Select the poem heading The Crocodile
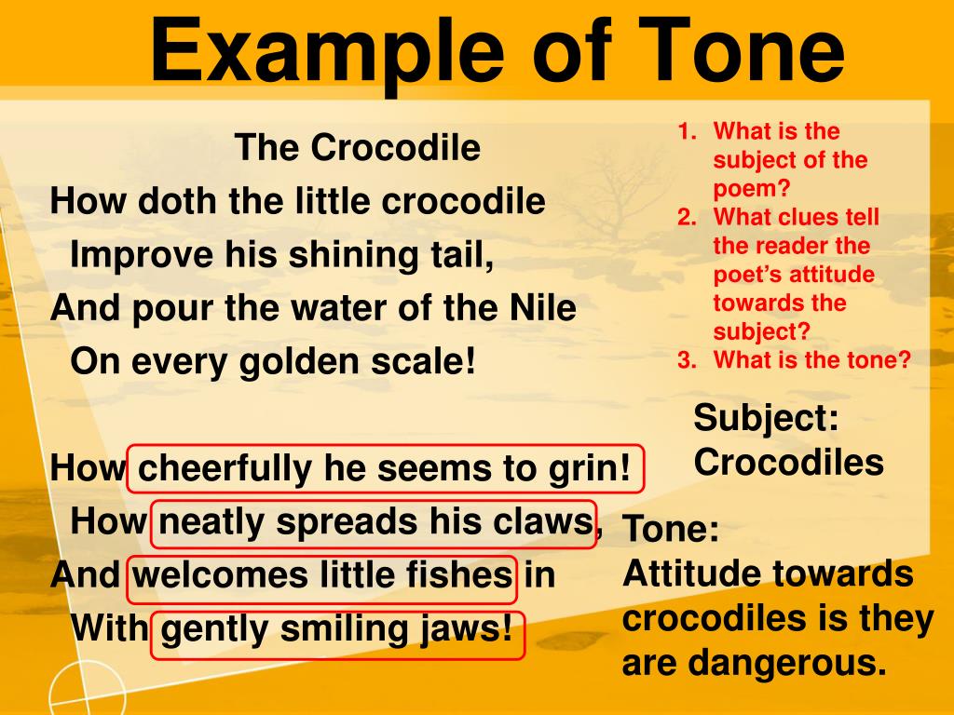(x=358, y=147)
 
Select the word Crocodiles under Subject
(x=788, y=462)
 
